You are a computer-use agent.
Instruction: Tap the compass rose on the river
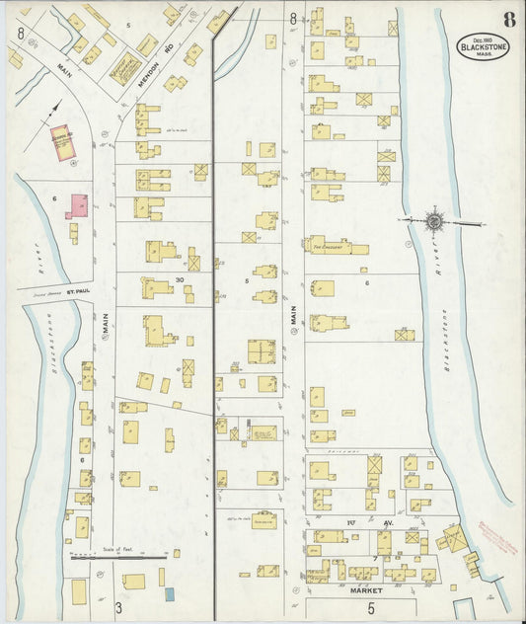coord(434,222)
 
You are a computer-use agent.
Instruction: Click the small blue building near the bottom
coord(168,593)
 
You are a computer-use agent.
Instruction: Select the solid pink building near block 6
coord(76,206)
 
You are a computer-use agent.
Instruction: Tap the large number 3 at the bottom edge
coord(117,605)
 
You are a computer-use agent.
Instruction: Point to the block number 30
coord(180,279)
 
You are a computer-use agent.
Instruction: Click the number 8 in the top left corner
coord(21,32)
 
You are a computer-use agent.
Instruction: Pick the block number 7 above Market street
coord(376,559)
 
